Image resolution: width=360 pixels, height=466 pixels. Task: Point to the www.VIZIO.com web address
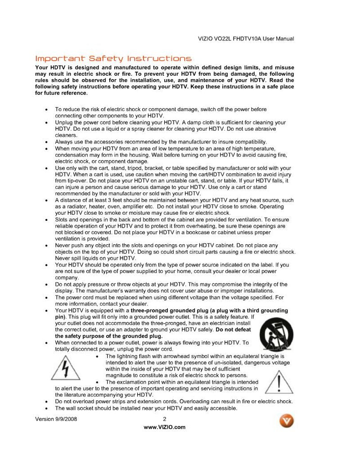pyautogui.click(x=164, y=427)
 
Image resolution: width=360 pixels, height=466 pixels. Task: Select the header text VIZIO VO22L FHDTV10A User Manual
pyautogui.click(x=246, y=39)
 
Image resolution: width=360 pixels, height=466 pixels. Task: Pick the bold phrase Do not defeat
pyautogui.click(x=233, y=329)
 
